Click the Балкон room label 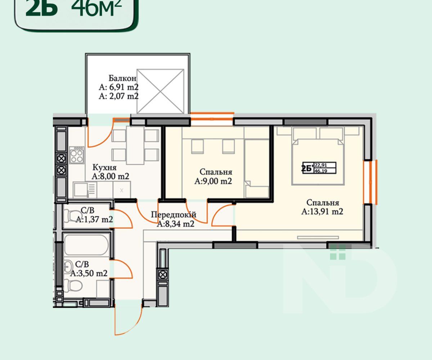(x=122, y=78)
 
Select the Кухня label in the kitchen (x=104, y=167)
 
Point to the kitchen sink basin (x=81, y=189)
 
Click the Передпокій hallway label (x=174, y=215)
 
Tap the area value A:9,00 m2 (x=213, y=181)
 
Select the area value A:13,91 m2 (x=322, y=211)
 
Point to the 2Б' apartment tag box (x=319, y=168)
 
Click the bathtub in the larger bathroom (x=86, y=245)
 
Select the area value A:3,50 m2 (x=89, y=273)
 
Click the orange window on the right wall (x=373, y=182)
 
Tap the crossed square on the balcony (x=160, y=91)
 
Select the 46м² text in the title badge (x=96, y=8)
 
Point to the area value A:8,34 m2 (x=175, y=224)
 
